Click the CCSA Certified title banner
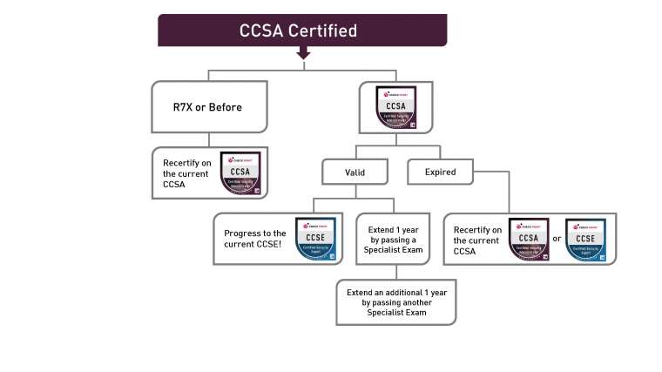click(301, 30)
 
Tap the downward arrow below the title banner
click(303, 54)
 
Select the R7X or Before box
click(206, 107)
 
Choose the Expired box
click(440, 172)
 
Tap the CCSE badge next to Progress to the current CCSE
click(315, 238)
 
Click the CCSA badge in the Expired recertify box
click(528, 240)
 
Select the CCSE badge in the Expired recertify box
click(585, 240)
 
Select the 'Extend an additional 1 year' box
click(396, 300)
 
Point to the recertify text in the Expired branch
click(477, 240)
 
